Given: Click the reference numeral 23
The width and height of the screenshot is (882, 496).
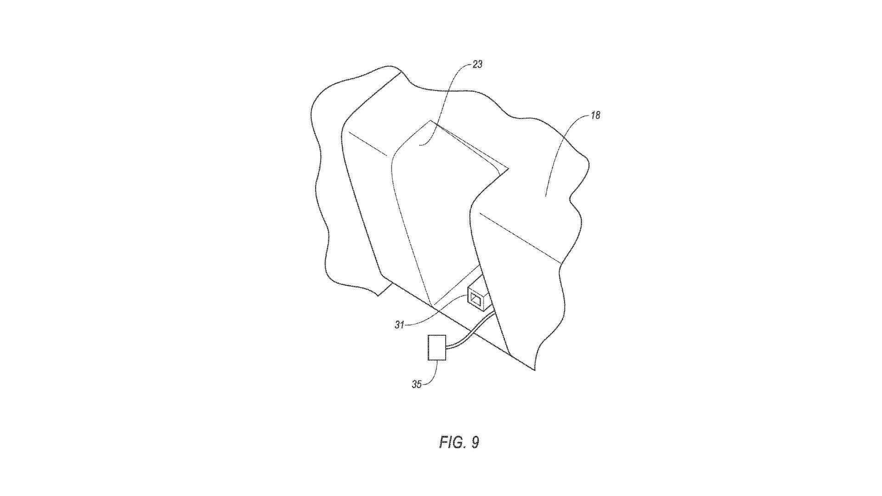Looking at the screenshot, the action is [477, 64].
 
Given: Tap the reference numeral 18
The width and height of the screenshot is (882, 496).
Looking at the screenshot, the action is [595, 115].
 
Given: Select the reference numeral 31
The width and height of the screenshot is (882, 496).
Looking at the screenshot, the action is [399, 325].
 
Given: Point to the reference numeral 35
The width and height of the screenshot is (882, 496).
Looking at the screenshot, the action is [417, 384].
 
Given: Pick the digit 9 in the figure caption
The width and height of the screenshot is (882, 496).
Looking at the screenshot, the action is [475, 442].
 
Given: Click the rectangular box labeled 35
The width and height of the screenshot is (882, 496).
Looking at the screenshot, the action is [436, 348].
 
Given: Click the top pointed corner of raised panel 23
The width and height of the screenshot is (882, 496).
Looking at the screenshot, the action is [430, 121].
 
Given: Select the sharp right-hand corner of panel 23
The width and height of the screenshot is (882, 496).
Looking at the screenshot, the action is [509, 168].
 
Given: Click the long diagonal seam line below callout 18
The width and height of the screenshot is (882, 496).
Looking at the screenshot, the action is [520, 238].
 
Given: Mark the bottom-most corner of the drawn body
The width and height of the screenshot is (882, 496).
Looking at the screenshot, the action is [535, 370].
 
